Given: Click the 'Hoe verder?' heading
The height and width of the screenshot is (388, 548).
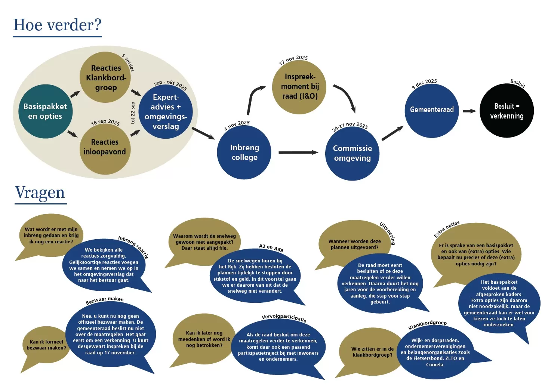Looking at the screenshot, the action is pyautogui.click(x=57, y=25).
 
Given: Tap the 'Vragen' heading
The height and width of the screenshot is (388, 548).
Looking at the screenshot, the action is pyautogui.click(x=40, y=193).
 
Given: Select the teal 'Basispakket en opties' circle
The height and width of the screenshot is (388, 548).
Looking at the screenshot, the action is pyautogui.click(x=46, y=111).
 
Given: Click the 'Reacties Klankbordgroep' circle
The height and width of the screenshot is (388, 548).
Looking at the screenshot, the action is pyautogui.click(x=105, y=77).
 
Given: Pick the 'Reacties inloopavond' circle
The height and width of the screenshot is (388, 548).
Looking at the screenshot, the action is pyautogui.click(x=105, y=149).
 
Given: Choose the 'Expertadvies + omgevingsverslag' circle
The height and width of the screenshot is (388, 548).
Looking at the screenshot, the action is pyautogui.click(x=166, y=112).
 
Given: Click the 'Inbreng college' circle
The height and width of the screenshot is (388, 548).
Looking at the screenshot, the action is pyautogui.click(x=244, y=152).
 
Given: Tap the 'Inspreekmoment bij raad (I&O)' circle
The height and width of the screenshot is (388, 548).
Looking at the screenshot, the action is pyautogui.click(x=299, y=87).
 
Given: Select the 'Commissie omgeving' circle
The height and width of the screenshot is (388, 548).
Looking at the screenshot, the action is pyautogui.click(x=352, y=153).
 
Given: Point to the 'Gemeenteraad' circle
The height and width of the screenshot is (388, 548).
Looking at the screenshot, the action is pyautogui.click(x=432, y=111).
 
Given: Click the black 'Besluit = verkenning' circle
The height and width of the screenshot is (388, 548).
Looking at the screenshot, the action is pyautogui.click(x=507, y=111).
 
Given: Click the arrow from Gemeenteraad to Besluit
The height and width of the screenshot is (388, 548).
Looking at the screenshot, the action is pyautogui.click(x=470, y=111).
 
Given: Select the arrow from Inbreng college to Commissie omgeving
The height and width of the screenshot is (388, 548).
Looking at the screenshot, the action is pyautogui.click(x=298, y=153).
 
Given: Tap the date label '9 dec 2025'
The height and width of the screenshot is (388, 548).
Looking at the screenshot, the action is pyautogui.click(x=424, y=84).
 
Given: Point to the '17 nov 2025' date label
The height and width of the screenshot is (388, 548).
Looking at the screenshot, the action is pyautogui.click(x=293, y=60).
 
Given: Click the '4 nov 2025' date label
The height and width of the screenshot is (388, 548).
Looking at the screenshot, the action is pyautogui.click(x=237, y=125).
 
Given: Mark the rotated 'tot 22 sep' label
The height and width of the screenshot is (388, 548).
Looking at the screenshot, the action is pyautogui.click(x=133, y=113).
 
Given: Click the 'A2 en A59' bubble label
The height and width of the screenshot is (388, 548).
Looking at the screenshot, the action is pyautogui.click(x=271, y=248).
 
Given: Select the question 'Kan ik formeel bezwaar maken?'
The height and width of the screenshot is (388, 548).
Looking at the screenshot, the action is pyautogui.click(x=46, y=345).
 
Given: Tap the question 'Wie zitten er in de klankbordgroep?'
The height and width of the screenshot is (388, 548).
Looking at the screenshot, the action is pyautogui.click(x=372, y=352).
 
